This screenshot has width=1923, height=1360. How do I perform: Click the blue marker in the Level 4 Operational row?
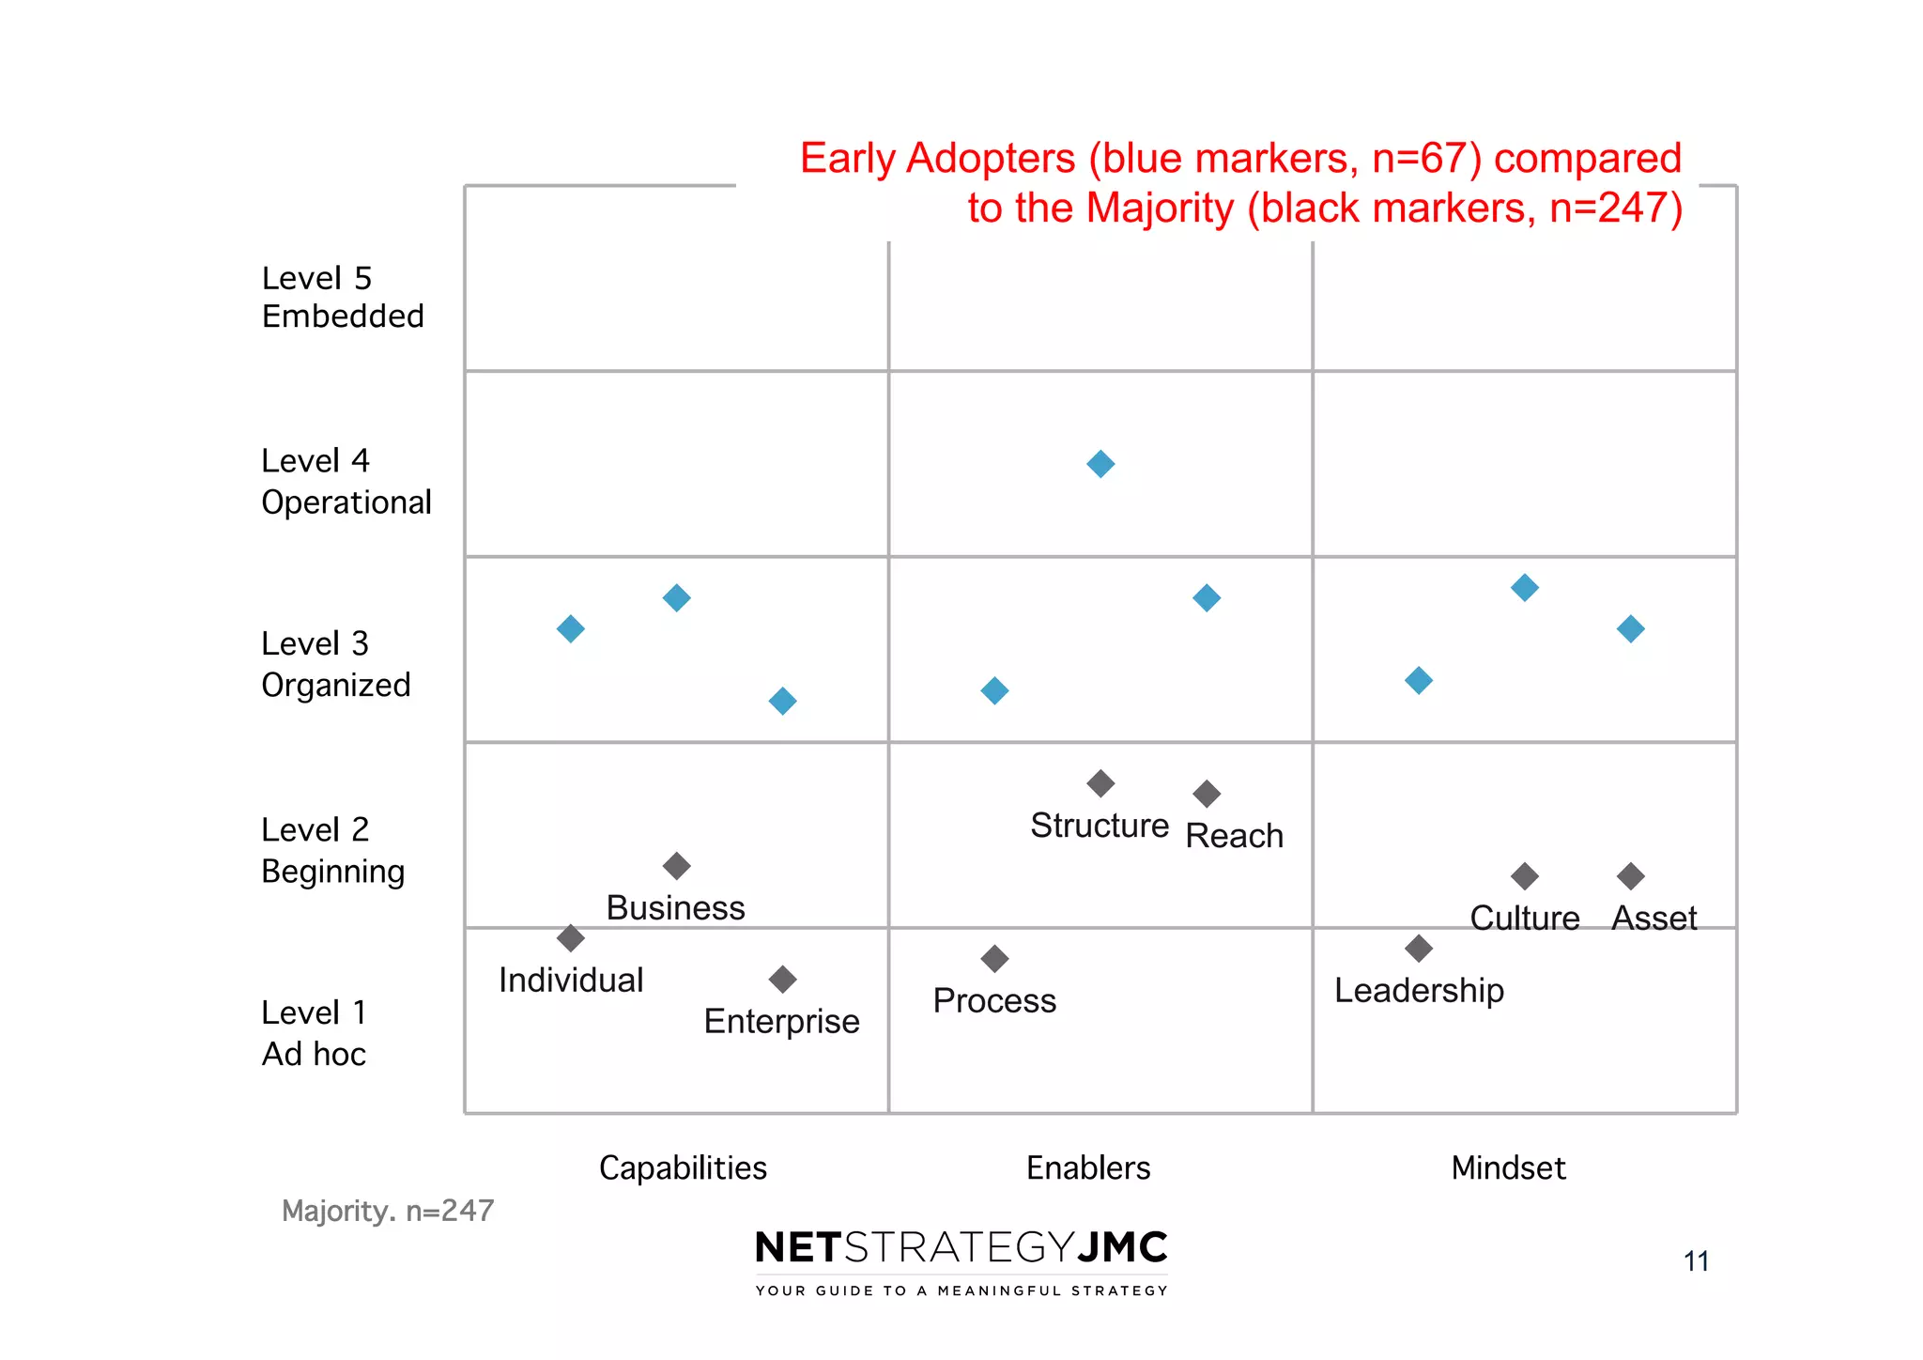[1100, 464]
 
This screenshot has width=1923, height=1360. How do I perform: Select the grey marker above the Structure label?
[1100, 783]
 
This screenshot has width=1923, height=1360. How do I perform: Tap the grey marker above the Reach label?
[1207, 794]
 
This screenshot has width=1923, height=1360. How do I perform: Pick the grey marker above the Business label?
[677, 866]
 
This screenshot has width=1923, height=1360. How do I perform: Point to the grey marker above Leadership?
[1419, 949]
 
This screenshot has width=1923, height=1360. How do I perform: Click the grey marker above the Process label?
[994, 959]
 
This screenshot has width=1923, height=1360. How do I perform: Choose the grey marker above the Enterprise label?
[782, 980]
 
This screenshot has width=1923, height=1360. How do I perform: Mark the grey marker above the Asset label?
[1631, 876]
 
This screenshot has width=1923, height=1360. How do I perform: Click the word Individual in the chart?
[571, 981]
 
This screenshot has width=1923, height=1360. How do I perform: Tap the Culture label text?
[1524, 918]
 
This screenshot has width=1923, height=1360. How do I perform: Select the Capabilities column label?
[683, 1167]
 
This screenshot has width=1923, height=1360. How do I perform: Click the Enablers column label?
[1088, 1167]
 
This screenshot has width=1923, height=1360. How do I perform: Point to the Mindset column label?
[1508, 1167]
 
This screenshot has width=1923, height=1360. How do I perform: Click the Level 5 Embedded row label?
[343, 297]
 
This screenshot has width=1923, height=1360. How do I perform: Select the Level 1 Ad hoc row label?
[315, 1033]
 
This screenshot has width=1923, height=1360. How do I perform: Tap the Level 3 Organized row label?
[336, 664]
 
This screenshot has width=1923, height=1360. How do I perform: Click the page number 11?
[1696, 1260]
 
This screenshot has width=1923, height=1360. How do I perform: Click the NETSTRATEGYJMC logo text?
[961, 1247]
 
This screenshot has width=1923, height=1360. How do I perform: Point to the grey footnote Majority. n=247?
[388, 1211]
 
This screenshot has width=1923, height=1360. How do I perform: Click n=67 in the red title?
[1426, 158]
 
